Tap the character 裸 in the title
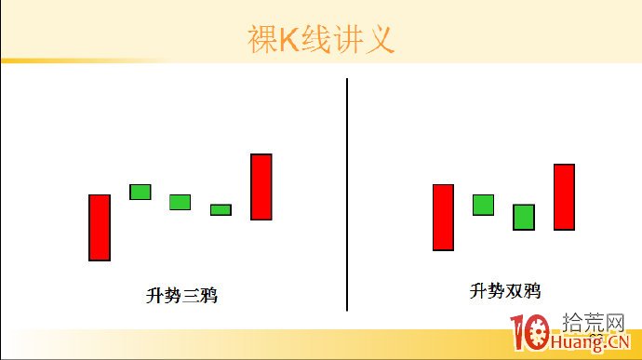(x=263, y=39)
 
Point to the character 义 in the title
(x=381, y=39)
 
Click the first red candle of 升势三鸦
(x=100, y=227)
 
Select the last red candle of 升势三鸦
(x=261, y=186)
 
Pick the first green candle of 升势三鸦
(x=140, y=192)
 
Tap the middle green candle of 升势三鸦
(x=180, y=202)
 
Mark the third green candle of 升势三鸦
(x=221, y=209)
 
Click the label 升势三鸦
(x=182, y=296)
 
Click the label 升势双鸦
(x=504, y=291)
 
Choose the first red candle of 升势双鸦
(x=443, y=217)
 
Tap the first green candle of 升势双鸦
(x=483, y=205)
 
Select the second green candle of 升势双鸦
(x=524, y=217)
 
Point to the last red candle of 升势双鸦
(x=564, y=196)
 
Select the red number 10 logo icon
(x=531, y=334)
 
